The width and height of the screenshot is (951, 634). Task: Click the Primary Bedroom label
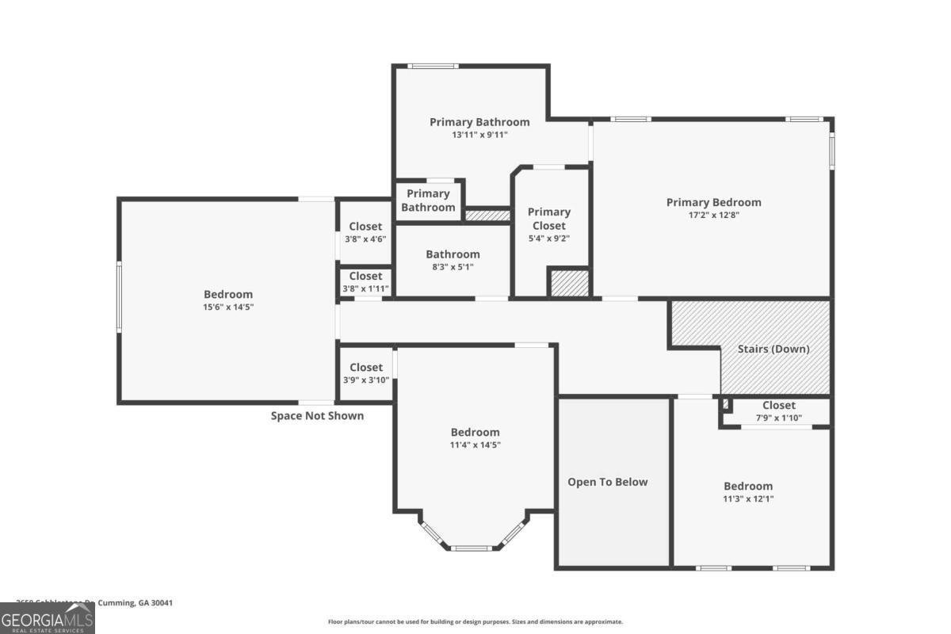713,202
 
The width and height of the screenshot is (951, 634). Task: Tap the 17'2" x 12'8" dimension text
713,215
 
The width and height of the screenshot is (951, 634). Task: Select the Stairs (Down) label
773,349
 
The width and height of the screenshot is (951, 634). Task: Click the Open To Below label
607,482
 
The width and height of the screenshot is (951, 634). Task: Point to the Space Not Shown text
318,415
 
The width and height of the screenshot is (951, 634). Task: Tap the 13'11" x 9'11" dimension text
479,135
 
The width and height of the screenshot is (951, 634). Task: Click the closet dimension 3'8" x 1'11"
365,288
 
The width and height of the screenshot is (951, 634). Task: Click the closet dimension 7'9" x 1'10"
778,418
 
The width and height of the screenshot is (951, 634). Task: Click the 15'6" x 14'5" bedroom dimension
228,306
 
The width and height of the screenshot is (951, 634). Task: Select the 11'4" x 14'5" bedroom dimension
475,445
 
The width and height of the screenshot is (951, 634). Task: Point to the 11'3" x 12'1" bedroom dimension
747,498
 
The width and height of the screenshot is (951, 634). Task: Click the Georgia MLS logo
48,617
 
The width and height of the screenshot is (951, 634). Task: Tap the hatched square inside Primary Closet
569,284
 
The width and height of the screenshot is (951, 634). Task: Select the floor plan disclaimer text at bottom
475,622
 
